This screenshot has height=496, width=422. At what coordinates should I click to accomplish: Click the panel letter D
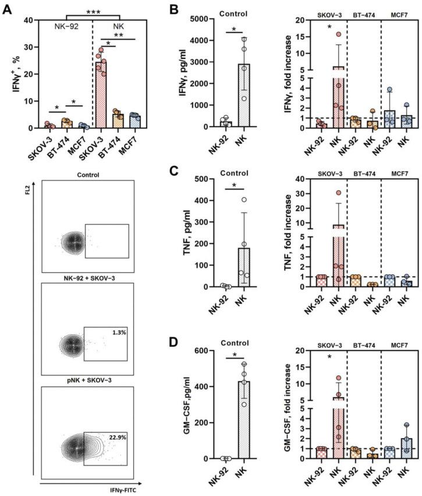coord(179,338)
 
